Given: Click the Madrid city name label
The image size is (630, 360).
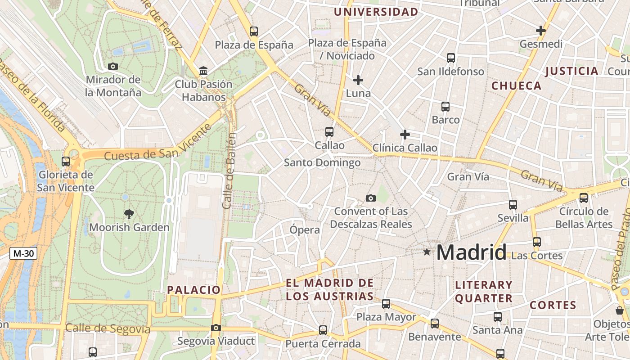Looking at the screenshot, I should tap(471, 252).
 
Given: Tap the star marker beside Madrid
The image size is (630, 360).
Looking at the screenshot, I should tap(427, 252).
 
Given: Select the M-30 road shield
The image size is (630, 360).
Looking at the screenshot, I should tap(23, 253).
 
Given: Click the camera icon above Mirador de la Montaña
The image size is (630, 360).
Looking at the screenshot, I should tap(113, 67).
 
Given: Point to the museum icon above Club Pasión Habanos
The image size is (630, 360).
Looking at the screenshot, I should tap(203, 71).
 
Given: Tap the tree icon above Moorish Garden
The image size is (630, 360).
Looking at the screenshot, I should tap(129, 214).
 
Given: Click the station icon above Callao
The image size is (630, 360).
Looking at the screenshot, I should tap(329, 132).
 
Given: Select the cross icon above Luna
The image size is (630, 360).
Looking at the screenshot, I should tap(358, 81).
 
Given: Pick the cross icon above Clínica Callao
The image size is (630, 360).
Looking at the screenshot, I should tap(405, 135).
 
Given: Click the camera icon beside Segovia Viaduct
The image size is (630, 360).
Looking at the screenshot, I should tap(216, 328).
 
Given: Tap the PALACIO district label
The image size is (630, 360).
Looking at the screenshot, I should tap(194, 290).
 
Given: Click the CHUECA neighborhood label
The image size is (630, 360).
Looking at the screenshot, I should tap(516, 86).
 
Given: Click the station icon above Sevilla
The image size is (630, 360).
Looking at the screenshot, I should tap(513, 205).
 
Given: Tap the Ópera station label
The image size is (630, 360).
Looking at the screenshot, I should tap(305, 230).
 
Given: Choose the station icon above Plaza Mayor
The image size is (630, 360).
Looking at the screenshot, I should tap(386, 304).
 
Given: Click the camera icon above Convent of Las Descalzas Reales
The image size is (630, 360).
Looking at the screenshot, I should tap(371, 198).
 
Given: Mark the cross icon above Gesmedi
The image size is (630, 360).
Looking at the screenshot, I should tap(541, 31).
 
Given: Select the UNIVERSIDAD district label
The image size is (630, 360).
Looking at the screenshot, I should tap(376, 12).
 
